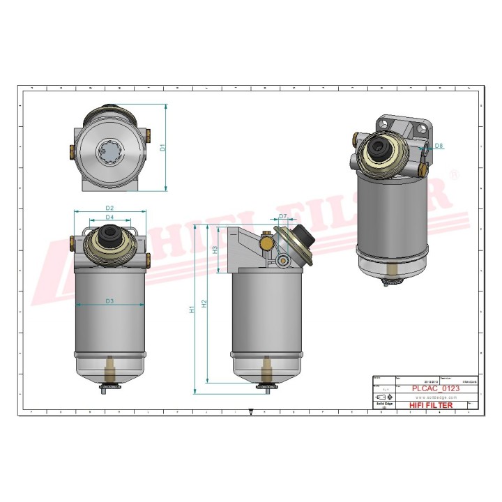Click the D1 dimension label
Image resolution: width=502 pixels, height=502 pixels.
point(162,148)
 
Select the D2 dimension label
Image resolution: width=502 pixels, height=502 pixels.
point(109,207)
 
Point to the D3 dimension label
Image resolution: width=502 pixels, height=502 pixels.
point(109,301)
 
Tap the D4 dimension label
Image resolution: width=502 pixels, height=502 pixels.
point(109,218)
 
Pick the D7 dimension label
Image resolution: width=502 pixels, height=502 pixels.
point(283,216)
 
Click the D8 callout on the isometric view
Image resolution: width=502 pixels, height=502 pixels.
point(439,146)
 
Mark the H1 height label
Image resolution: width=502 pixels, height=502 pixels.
point(192,309)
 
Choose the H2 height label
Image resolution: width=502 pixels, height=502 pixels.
point(204,303)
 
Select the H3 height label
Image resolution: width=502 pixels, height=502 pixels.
point(215,249)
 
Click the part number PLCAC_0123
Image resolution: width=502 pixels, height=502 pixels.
point(436,388)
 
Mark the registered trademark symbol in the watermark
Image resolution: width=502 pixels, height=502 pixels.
point(454,175)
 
